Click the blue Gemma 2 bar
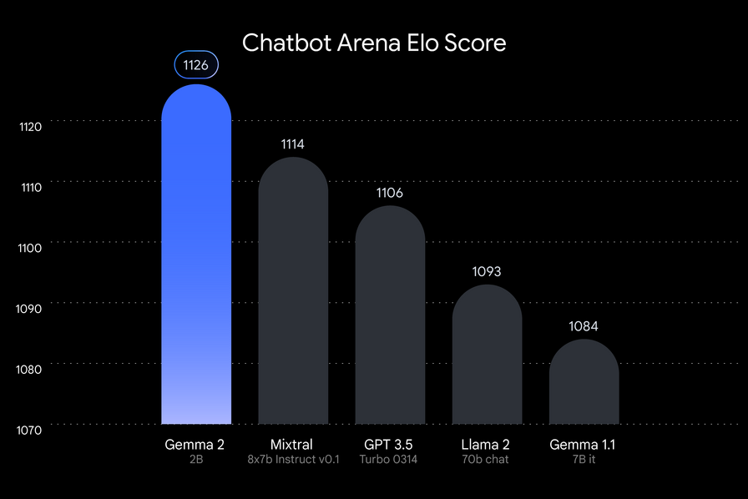[x=196, y=259]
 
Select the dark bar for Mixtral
[x=293, y=292]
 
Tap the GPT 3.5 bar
[x=390, y=317]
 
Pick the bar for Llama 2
[x=487, y=355]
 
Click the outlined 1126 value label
[x=196, y=65]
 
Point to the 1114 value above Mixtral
[x=293, y=144]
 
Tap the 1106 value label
[x=390, y=193]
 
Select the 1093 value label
[x=487, y=272]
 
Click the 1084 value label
[x=584, y=326]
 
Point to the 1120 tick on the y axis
[x=30, y=127]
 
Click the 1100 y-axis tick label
[x=30, y=249]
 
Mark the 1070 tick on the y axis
[x=30, y=430]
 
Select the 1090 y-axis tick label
[x=30, y=309]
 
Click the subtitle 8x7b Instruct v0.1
[x=293, y=460]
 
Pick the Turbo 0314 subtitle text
[x=390, y=460]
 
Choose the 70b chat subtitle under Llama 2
[x=487, y=460]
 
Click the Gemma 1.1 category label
[x=583, y=444]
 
